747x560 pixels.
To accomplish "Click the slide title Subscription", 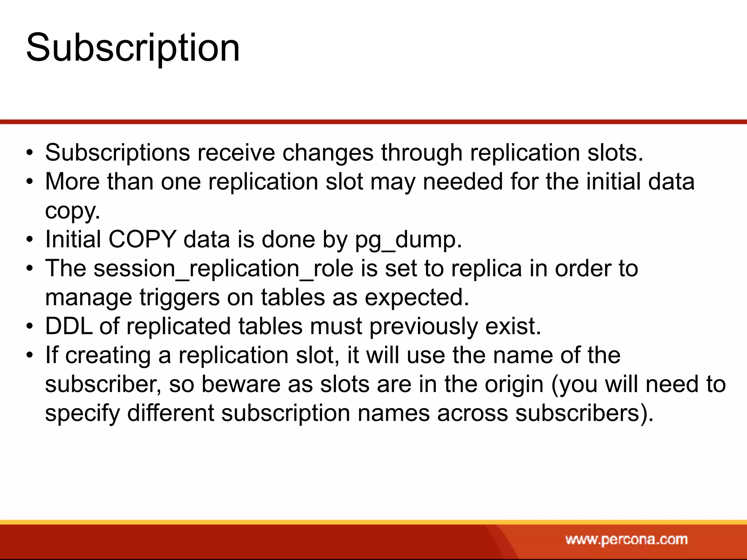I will coord(133,47).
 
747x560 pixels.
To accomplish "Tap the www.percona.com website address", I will coord(626,539).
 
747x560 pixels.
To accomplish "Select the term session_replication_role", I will coord(223,269).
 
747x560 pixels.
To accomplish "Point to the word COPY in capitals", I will coord(142,240).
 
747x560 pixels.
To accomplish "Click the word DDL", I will coord(68,326).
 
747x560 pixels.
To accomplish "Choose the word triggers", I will coord(179,298).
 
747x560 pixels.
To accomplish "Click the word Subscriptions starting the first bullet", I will coord(117,152).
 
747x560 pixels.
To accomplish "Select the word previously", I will coord(423,326).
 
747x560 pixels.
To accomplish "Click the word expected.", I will coord(417,298).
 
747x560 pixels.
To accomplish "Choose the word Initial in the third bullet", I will coord(73,240).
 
